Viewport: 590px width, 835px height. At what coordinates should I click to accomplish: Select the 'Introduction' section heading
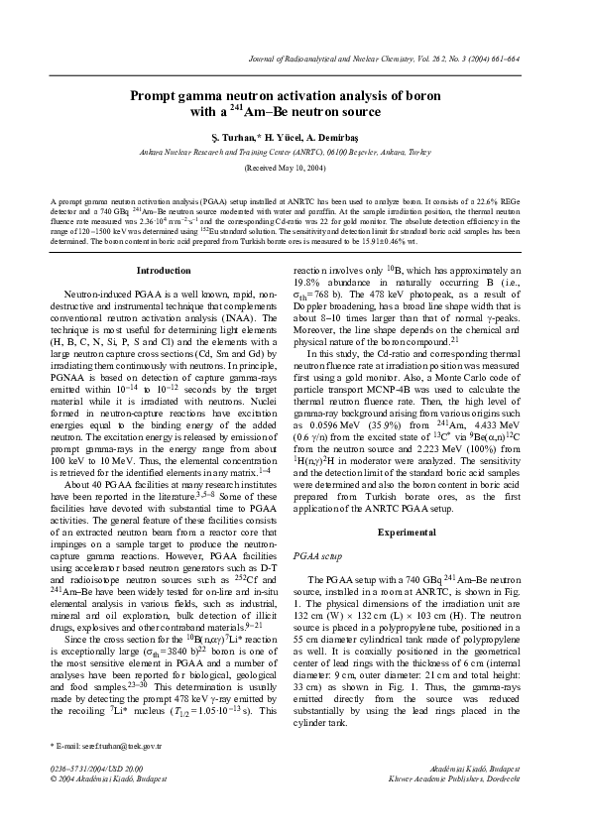click(163, 270)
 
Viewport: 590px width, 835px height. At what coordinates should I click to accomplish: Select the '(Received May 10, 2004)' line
click(295, 170)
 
